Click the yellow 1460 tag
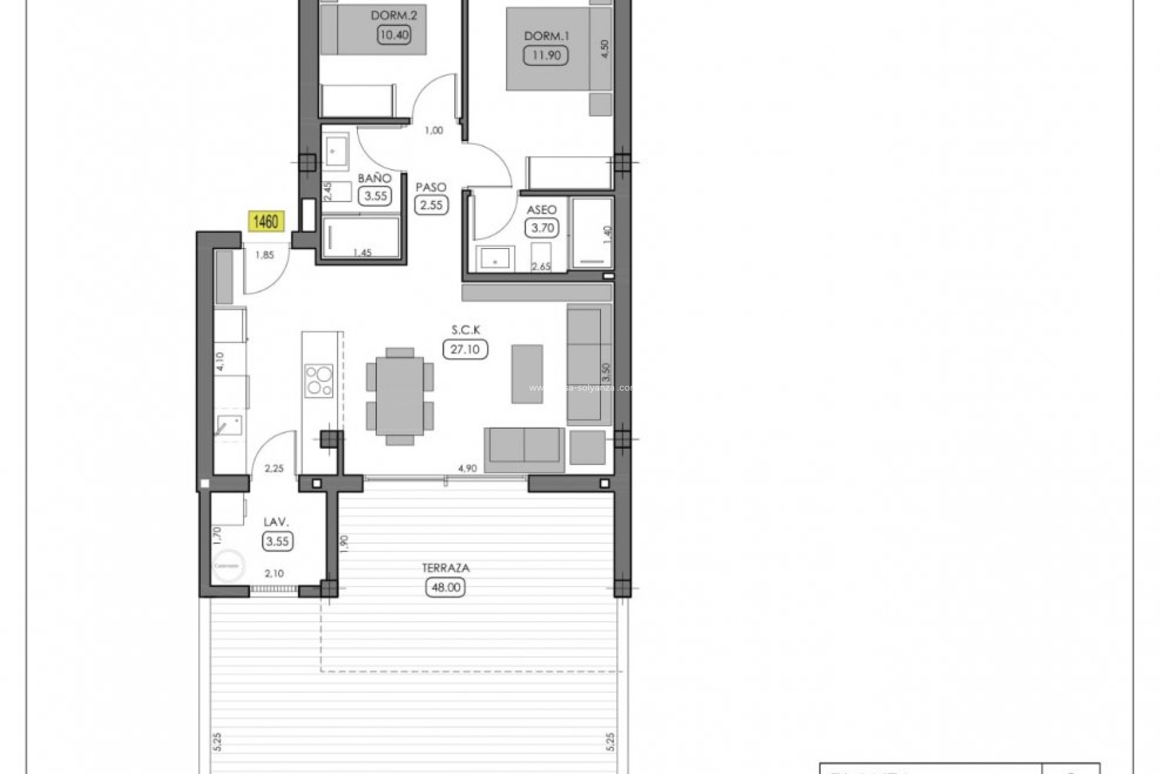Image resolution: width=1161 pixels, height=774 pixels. pyautogui.click(x=265, y=222)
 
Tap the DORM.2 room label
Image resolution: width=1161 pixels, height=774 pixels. pyautogui.click(x=394, y=15)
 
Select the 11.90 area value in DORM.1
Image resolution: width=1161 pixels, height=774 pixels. pyautogui.click(x=546, y=56)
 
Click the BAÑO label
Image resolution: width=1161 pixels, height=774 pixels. pyautogui.click(x=374, y=178)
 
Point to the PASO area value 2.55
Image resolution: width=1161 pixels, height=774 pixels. pyautogui.click(x=431, y=205)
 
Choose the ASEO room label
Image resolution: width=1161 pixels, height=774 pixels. pyautogui.click(x=541, y=210)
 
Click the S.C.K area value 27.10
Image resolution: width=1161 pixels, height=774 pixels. pyautogui.click(x=465, y=350)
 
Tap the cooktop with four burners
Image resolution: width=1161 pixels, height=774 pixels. pyautogui.click(x=319, y=380)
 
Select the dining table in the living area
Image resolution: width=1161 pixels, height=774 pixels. pyautogui.click(x=400, y=396)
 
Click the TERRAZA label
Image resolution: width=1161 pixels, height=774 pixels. pyautogui.click(x=446, y=568)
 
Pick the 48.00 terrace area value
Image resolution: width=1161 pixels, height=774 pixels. pyautogui.click(x=446, y=587)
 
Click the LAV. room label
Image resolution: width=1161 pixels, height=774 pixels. pyautogui.click(x=276, y=522)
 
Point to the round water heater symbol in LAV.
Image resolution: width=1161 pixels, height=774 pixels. pyautogui.click(x=227, y=565)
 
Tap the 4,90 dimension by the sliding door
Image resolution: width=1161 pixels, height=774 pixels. pyautogui.click(x=467, y=468)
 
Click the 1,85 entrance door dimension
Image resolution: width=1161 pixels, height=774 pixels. pyautogui.click(x=264, y=255)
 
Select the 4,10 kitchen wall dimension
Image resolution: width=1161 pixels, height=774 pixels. pyautogui.click(x=220, y=362)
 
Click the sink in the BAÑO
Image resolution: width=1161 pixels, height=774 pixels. pyautogui.click(x=335, y=151)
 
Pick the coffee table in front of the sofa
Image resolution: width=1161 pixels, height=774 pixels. pyautogui.click(x=527, y=374)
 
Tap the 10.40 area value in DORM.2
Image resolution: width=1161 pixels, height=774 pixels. pyautogui.click(x=394, y=35)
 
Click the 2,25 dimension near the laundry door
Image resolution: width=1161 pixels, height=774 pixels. pyautogui.click(x=274, y=468)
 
